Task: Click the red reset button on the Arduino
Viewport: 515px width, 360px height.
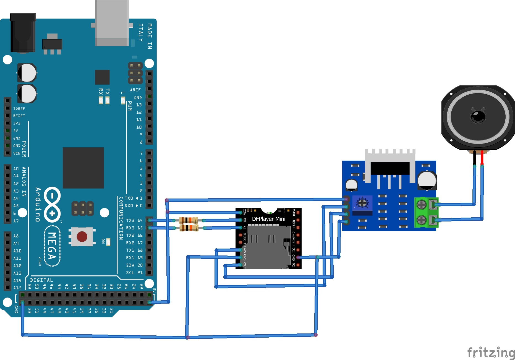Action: [x=82, y=237]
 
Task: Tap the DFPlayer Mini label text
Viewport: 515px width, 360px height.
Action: [x=268, y=219]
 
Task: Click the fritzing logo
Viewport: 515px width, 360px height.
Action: [x=491, y=353]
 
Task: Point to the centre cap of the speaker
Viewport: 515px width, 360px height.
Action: [x=478, y=116]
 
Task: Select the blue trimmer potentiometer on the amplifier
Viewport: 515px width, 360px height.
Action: [x=362, y=203]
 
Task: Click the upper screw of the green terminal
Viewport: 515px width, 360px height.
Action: [x=421, y=205]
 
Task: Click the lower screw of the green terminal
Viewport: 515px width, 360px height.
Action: [x=421, y=220]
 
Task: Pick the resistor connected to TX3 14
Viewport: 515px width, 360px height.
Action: [x=189, y=220]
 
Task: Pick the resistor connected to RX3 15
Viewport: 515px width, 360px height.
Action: [x=189, y=228]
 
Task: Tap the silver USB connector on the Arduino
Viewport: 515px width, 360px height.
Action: [x=112, y=24]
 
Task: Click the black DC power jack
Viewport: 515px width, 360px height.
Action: [x=23, y=33]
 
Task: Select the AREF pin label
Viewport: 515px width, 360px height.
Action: [x=135, y=90]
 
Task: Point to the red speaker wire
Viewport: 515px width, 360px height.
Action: [x=482, y=158]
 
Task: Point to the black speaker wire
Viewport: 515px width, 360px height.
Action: [x=475, y=158]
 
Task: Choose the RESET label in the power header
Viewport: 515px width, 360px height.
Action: [x=19, y=116]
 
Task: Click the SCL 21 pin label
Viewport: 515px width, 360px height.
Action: [x=134, y=273]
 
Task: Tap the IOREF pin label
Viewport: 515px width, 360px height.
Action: [x=19, y=109]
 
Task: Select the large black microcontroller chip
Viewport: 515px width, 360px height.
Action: [x=83, y=168]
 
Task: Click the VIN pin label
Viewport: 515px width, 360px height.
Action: [x=17, y=153]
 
